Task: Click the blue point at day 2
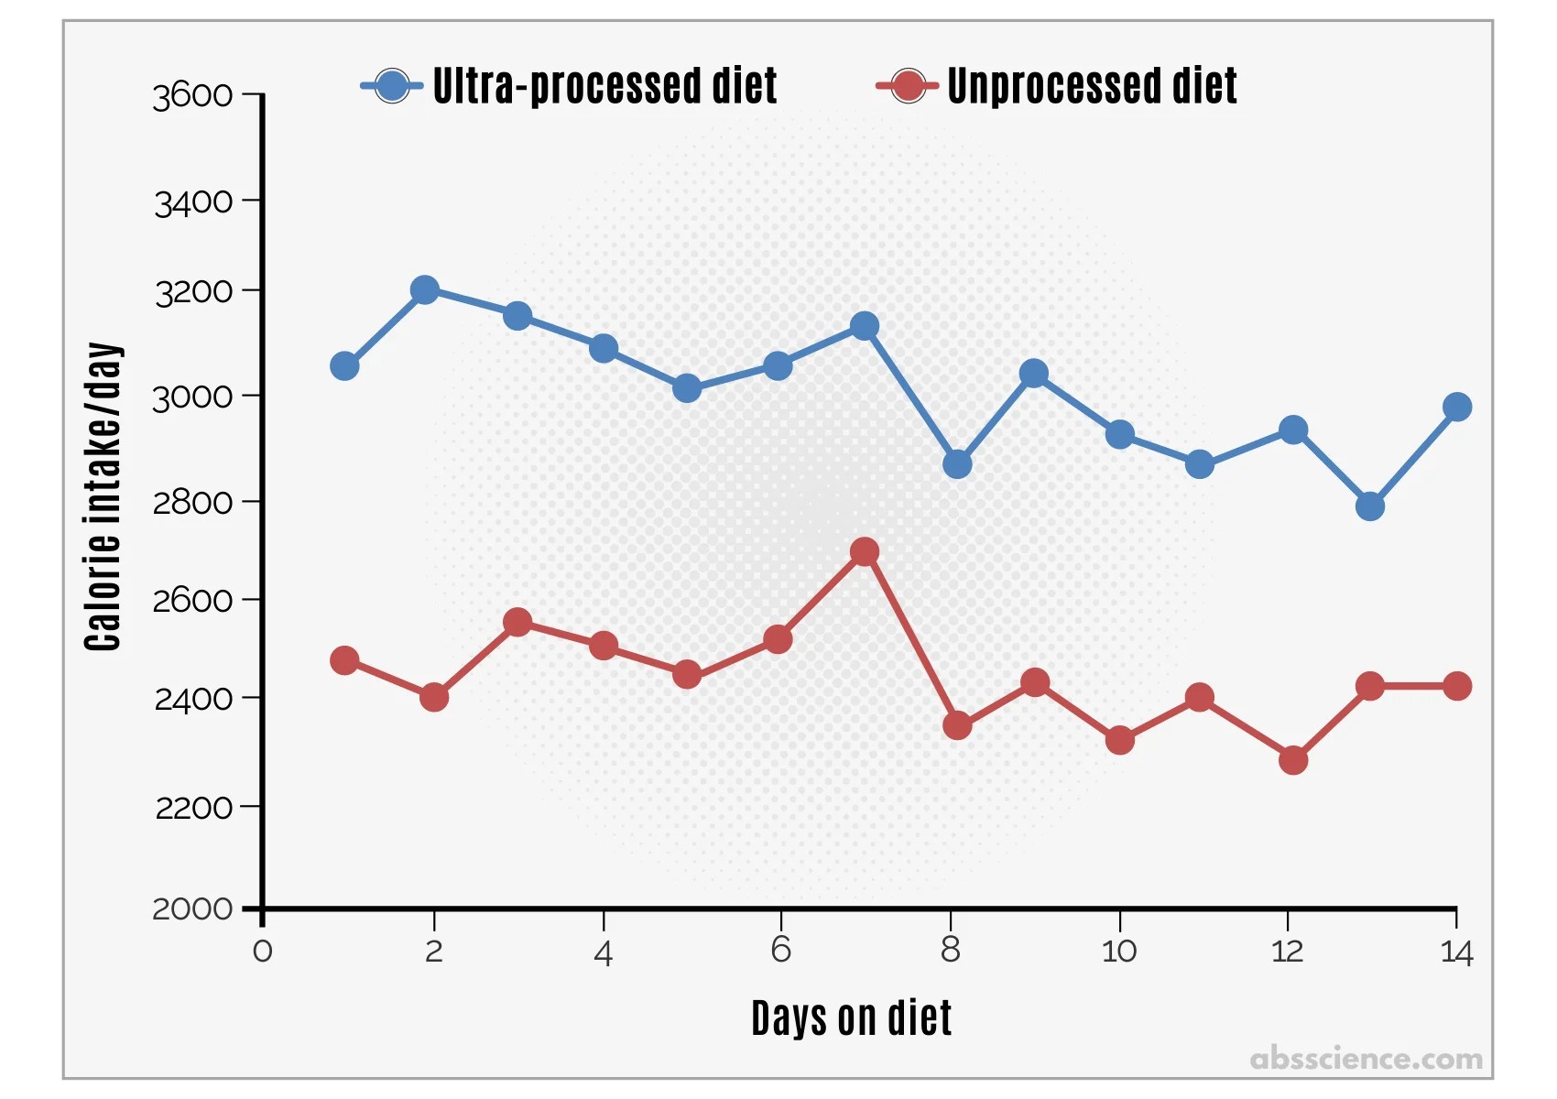pos(425,289)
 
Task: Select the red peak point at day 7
pos(864,552)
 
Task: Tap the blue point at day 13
pos(1370,506)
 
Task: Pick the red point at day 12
pos(1293,760)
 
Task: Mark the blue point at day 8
pos(957,463)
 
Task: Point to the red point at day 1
pos(344,659)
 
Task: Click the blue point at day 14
pos(1457,407)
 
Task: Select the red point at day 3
pos(517,622)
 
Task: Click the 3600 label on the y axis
pos(192,96)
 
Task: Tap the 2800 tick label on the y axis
pos(192,502)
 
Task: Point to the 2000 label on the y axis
pos(192,909)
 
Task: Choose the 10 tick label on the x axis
pos(1119,951)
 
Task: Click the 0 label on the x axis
pos(262,951)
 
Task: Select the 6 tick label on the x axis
pos(780,950)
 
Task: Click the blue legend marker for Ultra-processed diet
pos(392,86)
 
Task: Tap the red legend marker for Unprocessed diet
pos(907,86)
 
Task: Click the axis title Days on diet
pos(851,1017)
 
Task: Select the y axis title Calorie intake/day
pos(103,496)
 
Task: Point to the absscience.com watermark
pos(1366,1059)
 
